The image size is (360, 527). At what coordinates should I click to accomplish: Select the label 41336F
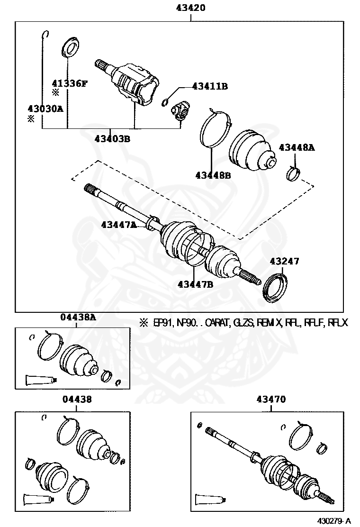click(70, 84)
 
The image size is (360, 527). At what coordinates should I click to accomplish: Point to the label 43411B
click(210, 86)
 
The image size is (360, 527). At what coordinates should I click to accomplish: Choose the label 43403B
click(112, 139)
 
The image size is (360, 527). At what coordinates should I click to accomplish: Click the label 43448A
click(297, 147)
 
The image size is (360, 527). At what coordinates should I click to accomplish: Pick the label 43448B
click(213, 175)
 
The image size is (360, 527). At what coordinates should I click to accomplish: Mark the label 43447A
click(118, 225)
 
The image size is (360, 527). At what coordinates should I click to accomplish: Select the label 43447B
click(195, 284)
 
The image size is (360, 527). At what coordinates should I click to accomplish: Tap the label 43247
click(285, 261)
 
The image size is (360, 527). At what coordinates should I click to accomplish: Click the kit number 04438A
click(78, 318)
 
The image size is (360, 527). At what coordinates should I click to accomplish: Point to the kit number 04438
click(77, 400)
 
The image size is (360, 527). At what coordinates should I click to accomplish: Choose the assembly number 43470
click(271, 400)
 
